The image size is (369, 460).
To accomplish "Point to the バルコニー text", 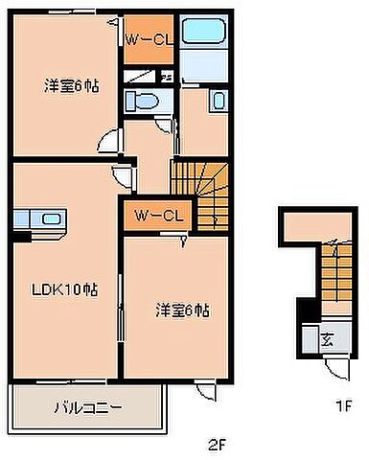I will point(87,407).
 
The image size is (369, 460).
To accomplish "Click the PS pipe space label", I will point(167,78).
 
